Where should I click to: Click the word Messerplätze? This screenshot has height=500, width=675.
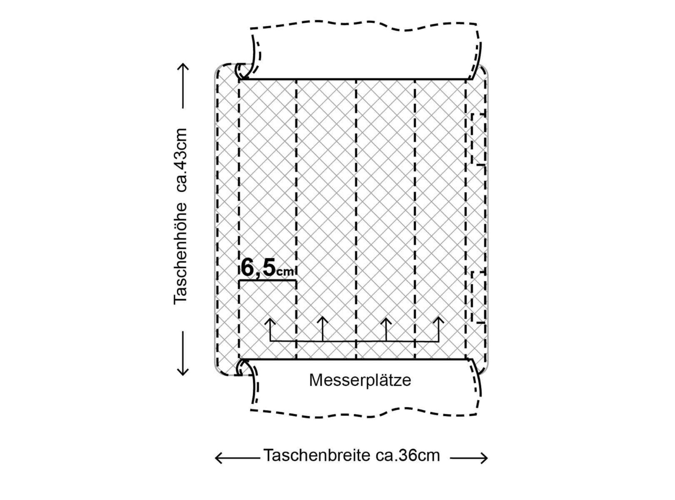[x=360, y=380]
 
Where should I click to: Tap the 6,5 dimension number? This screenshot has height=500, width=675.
[x=258, y=267]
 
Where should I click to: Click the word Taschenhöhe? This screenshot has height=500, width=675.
[x=181, y=253]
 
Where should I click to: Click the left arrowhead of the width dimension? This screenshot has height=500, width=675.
[x=217, y=458]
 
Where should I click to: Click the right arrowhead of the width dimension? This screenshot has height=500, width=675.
[x=485, y=458]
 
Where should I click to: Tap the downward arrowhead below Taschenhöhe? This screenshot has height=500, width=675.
[x=183, y=372]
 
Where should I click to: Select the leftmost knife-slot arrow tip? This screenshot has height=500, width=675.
[x=270, y=320]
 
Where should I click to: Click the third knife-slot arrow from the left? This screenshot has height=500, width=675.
[x=386, y=320]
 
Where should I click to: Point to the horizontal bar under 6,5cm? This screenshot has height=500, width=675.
[x=267, y=281]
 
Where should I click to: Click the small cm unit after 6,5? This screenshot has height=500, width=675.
[x=286, y=272]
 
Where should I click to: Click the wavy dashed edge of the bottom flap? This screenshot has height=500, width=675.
[x=362, y=414]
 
